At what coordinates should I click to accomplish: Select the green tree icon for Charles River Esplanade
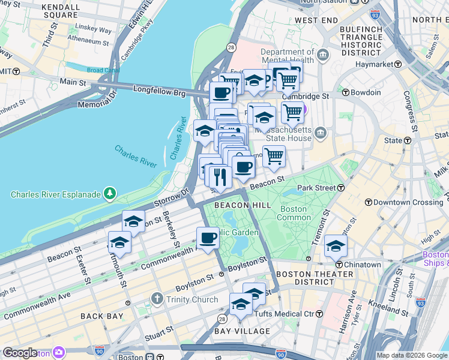coord(110,193)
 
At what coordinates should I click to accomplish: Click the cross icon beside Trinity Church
coord(157,299)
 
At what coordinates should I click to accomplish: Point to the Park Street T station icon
coord(340,188)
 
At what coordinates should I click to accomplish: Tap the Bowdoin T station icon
coord(346,92)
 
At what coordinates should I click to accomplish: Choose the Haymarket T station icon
coord(397,64)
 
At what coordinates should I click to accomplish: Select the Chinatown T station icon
coord(339,265)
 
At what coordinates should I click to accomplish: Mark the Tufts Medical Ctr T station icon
coord(319,314)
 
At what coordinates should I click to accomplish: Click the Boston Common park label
coord(293,214)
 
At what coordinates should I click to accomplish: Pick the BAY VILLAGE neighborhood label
coord(243,331)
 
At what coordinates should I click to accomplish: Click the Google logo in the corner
coord(20,353)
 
